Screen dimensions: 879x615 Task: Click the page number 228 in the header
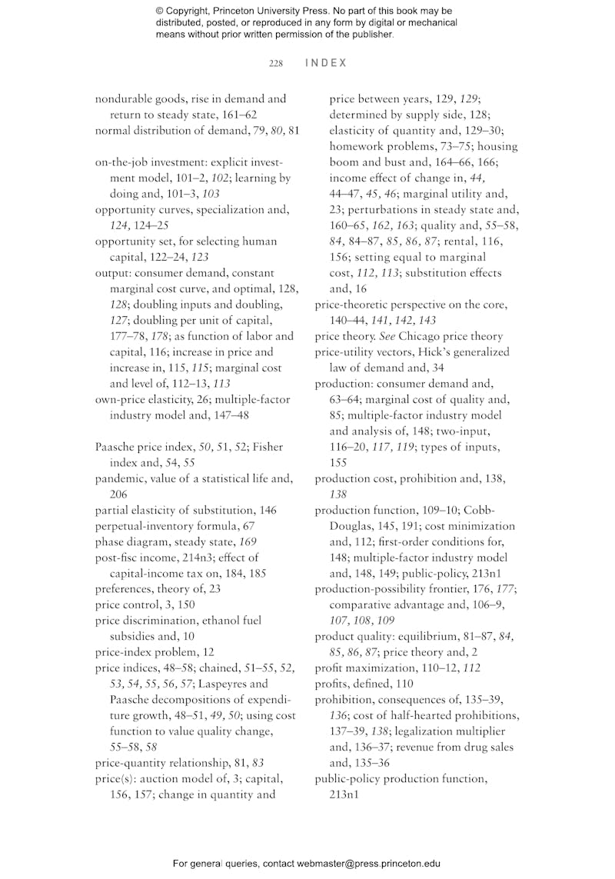pos(276,63)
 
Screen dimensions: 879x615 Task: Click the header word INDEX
pos(326,63)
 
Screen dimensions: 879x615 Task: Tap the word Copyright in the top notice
pos(193,12)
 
